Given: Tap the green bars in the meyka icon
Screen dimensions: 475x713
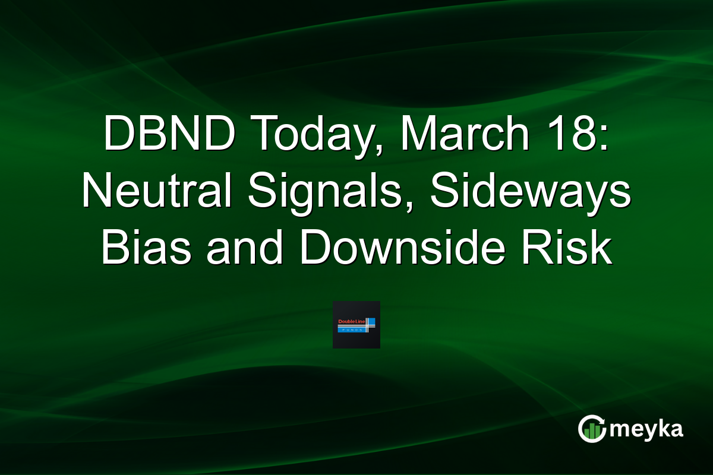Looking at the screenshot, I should pos(590,432).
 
